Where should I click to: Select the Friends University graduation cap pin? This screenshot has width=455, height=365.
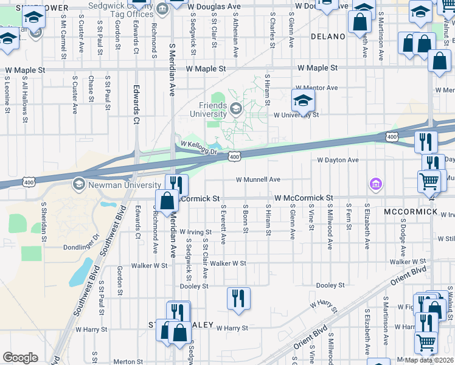235,110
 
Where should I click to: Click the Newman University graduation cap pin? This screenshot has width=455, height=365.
78,183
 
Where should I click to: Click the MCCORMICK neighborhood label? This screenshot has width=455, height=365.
411,211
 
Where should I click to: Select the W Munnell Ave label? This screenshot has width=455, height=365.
258,179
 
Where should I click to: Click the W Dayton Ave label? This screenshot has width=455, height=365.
338,160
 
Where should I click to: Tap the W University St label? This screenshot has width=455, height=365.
296,114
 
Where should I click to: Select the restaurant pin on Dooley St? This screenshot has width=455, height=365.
238,298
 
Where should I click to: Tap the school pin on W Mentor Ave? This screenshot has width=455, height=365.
303,99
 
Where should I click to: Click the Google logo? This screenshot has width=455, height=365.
20,358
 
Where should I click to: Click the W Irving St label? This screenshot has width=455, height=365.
195,232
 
